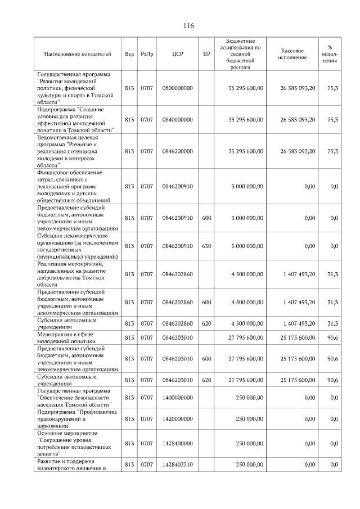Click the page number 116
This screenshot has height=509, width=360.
tap(188, 26)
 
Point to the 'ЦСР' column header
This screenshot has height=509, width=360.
tap(177, 54)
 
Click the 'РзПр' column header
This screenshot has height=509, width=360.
tap(147, 54)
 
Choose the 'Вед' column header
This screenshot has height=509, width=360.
tap(129, 54)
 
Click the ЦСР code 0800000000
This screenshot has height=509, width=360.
tap(177, 88)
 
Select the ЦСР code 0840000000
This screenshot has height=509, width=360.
tap(177, 120)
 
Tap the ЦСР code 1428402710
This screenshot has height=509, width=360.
tap(177, 465)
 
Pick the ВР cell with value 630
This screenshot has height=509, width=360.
tap(206, 246)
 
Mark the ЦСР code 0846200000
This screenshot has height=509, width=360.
tap(177, 151)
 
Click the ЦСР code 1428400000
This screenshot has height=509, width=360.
tap(177, 443)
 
